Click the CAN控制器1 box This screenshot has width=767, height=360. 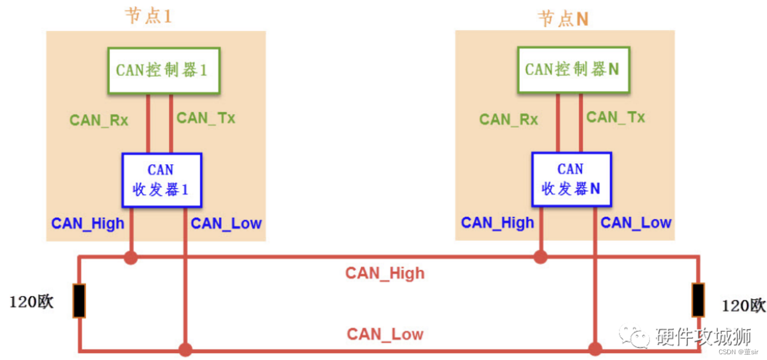click(164, 71)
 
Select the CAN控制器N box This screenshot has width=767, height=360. click(573, 70)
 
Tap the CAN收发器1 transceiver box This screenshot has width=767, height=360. click(162, 180)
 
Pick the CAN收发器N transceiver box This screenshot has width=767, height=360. click(571, 179)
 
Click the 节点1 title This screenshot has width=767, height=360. click(149, 16)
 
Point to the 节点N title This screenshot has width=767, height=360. click(563, 19)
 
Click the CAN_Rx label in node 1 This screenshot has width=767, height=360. click(99, 120)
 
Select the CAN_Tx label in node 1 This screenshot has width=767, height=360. click(206, 118)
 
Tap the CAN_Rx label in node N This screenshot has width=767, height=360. click(508, 120)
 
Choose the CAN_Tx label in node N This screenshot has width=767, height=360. click(616, 118)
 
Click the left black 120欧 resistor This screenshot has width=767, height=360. click(79, 301)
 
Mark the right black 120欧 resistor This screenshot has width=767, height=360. click(698, 300)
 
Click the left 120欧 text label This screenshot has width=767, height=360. click(32, 302)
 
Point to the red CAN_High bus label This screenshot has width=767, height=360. click(385, 273)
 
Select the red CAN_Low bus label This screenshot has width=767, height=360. click(385, 334)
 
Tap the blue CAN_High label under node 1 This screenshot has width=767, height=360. click(88, 223)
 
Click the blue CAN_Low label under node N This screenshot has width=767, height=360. click(636, 223)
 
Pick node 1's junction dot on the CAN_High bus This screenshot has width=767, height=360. click(131, 257)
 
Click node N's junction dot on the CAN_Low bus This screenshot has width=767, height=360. click(595, 349)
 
